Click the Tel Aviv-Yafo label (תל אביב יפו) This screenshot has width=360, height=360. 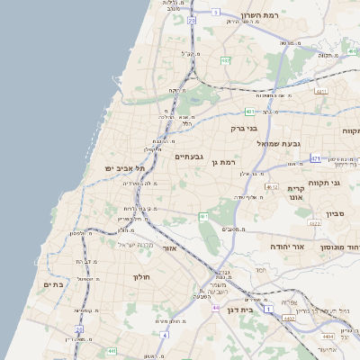(x=124, y=168)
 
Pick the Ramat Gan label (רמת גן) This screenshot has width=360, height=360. (x=233, y=162)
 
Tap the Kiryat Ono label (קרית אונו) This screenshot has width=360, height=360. (x=298, y=193)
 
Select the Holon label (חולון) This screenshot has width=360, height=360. (x=144, y=277)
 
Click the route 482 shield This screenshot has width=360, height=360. (x=225, y=60)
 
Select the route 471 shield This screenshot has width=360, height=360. (x=315, y=158)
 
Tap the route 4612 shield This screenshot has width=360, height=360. (x=272, y=186)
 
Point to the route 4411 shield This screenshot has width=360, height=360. (x=321, y=91)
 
